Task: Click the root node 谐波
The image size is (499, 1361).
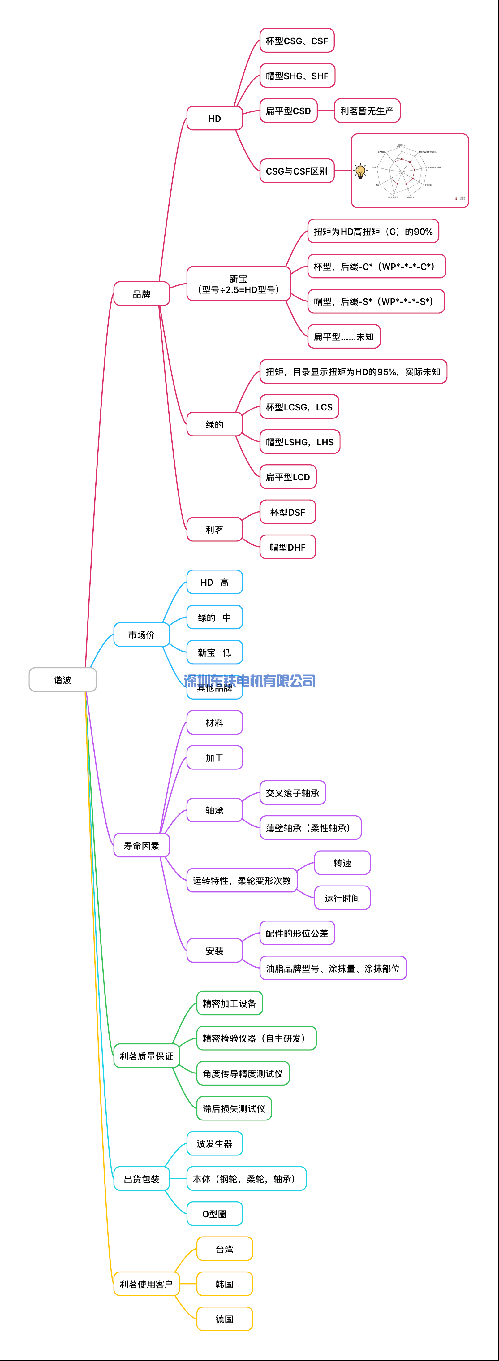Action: tap(62, 679)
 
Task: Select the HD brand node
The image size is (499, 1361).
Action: tap(214, 118)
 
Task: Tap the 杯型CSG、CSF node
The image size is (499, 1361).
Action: tap(297, 41)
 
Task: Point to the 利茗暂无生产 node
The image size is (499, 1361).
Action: tap(367, 111)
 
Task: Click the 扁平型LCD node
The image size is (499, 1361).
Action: tap(288, 477)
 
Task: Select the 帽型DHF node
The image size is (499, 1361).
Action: tap(288, 547)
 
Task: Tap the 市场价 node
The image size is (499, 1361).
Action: tap(141, 635)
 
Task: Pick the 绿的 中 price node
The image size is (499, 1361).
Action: tap(214, 617)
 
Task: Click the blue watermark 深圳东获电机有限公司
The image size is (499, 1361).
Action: tap(250, 680)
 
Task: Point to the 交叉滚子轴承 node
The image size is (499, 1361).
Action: tap(293, 792)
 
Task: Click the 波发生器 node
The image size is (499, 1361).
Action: tap(214, 1144)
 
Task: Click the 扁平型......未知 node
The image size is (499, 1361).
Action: tap(344, 336)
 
